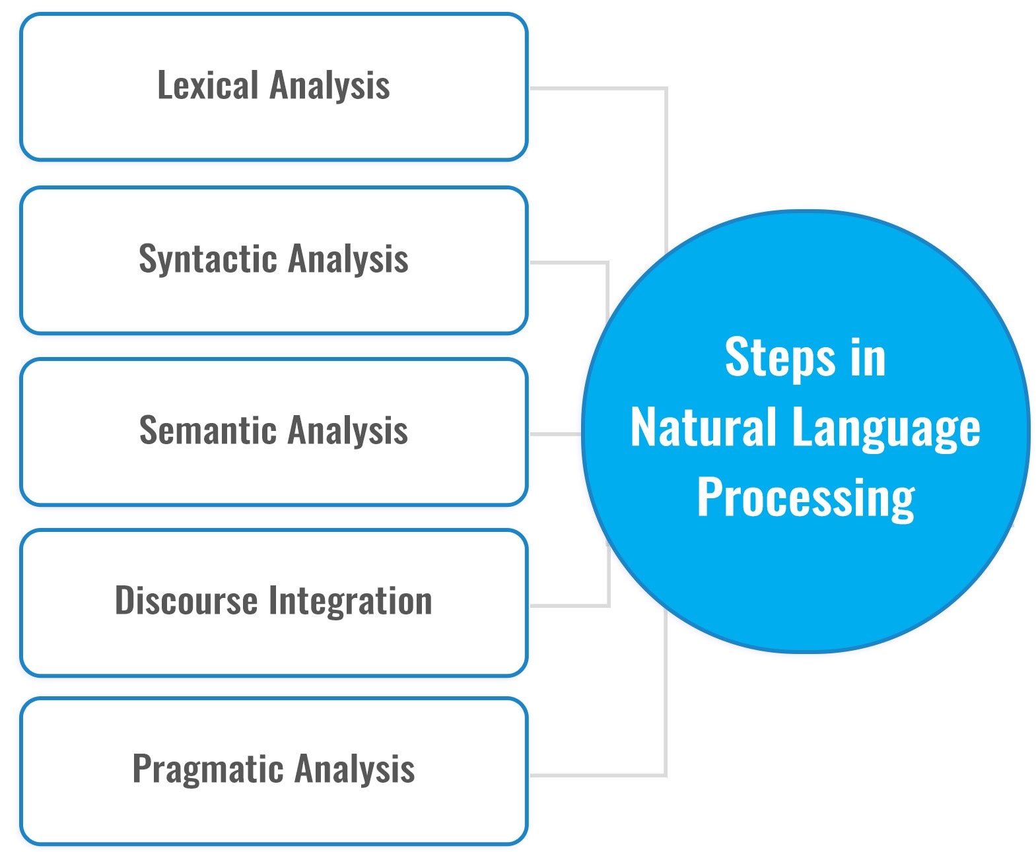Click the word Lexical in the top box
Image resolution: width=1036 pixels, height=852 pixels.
[207, 86]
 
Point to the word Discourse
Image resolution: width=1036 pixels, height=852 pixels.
[186, 601]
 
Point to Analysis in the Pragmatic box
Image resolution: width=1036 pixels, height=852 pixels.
[355, 769]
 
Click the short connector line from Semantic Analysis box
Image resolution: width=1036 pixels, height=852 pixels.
[555, 434]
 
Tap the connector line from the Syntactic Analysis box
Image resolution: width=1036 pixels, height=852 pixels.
[568, 263]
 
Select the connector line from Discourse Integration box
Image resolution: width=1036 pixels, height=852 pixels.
[568, 605]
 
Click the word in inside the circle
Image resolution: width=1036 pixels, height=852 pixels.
[868, 358]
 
